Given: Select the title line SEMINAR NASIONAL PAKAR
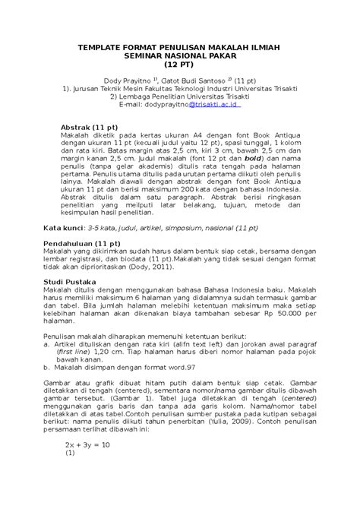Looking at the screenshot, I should coord(179,57).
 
